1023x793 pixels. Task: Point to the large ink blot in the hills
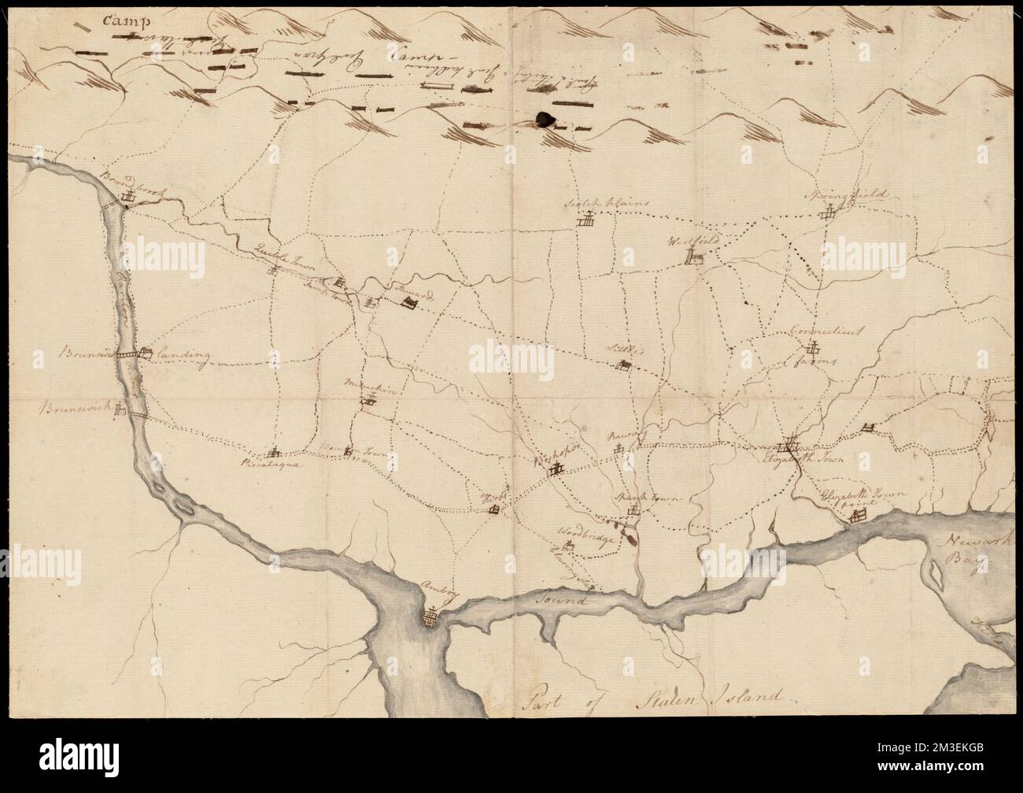543,119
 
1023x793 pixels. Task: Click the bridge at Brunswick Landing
144,354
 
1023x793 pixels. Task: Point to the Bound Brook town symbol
126,199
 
